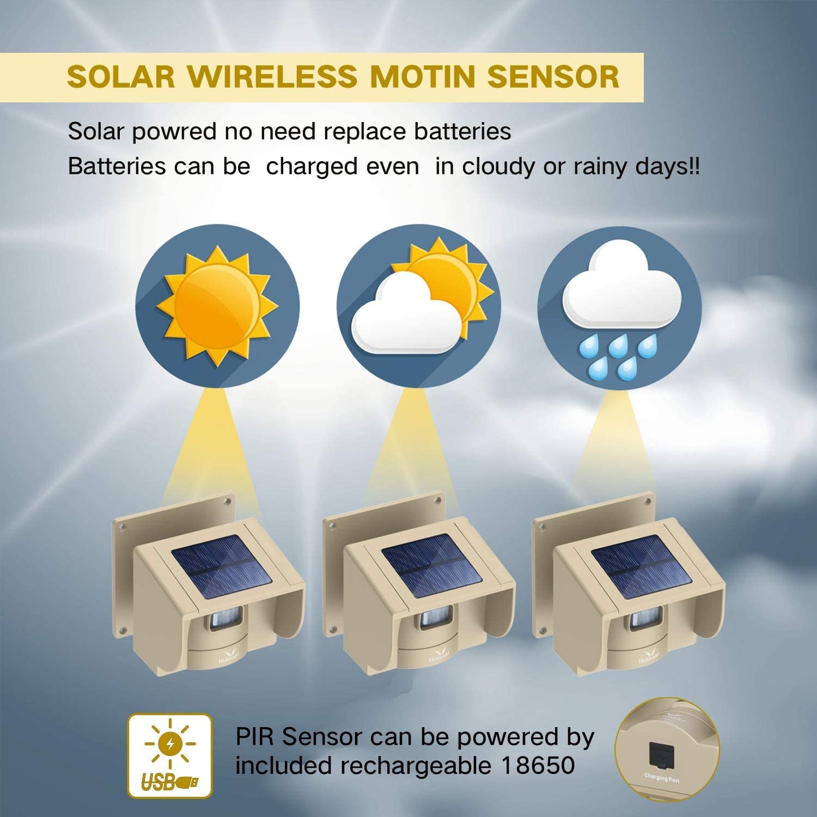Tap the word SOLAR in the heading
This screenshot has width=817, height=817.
coord(121,77)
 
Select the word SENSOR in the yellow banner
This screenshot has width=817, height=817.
coord(553,77)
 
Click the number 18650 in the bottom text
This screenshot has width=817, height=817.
coord(538,766)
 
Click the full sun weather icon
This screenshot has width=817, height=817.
coord(217,306)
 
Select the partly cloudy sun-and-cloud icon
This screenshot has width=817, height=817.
coord(419,306)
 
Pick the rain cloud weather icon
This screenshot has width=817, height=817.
coord(620,308)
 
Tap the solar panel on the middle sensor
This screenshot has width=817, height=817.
coord(431,566)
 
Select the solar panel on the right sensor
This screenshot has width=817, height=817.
coord(641,567)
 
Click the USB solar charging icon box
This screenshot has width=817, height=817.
coord(170,755)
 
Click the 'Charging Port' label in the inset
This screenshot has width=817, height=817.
coord(662,778)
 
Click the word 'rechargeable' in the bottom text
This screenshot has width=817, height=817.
coord(416,766)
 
